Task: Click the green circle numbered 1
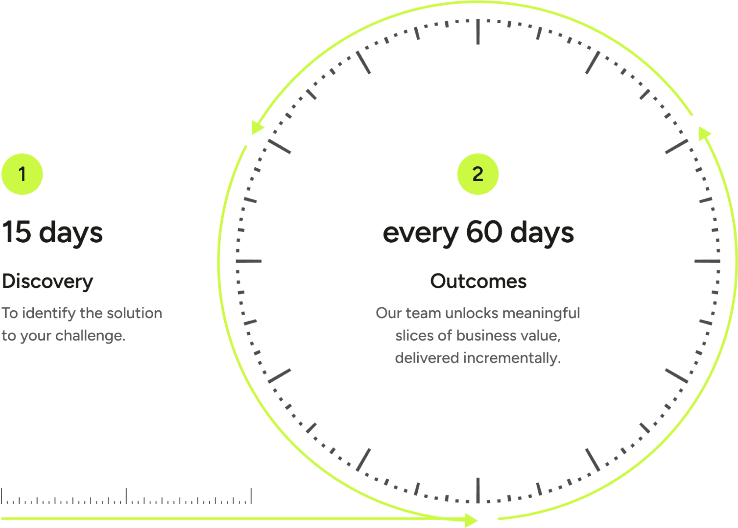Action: [x=22, y=174]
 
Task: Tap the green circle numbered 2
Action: [x=478, y=174]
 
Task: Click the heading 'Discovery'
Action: [x=47, y=281]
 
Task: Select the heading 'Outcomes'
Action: [x=478, y=281]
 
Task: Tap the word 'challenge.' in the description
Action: [x=90, y=336]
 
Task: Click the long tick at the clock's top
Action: [x=478, y=32]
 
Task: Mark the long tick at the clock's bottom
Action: [x=478, y=490]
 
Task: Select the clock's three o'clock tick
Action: [x=707, y=261]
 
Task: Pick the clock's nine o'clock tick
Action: [x=249, y=261]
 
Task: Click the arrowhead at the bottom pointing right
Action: [x=472, y=520]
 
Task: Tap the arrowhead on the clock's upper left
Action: [x=257, y=127]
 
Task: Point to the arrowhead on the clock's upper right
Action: [x=704, y=133]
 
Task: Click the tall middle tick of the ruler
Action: [x=126, y=496]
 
